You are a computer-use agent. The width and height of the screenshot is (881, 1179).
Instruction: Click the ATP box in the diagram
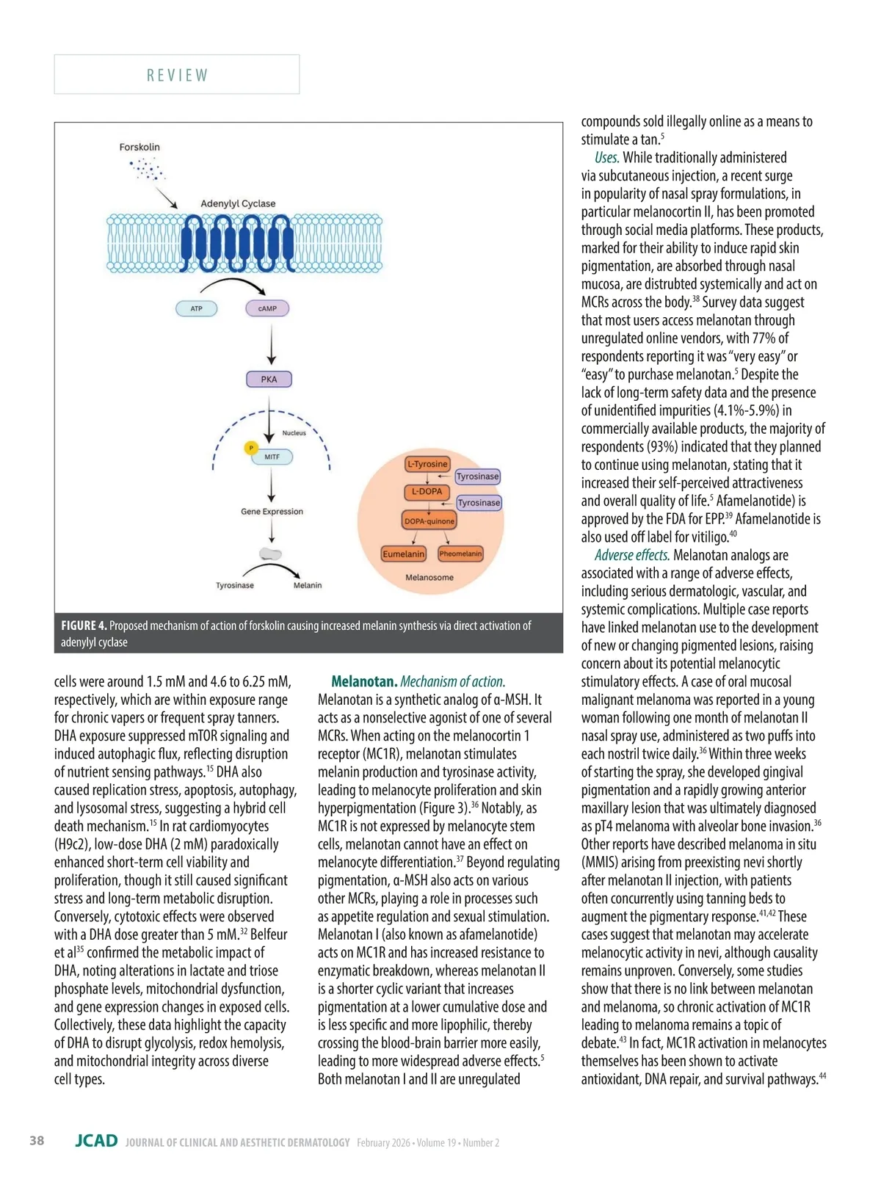click(x=196, y=308)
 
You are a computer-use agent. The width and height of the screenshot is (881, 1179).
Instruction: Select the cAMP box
click(x=267, y=308)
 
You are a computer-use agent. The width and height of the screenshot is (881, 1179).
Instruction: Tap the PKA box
click(x=269, y=380)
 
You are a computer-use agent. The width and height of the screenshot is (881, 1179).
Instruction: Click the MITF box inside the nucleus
click(x=272, y=457)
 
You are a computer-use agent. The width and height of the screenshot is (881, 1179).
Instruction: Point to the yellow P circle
click(x=251, y=448)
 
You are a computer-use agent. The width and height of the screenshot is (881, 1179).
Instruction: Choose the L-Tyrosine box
click(x=427, y=464)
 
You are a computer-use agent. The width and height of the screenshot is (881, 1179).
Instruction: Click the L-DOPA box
click(x=427, y=492)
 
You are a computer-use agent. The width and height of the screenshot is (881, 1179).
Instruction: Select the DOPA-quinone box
click(x=429, y=521)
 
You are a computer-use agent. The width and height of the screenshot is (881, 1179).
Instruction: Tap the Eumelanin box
click(x=403, y=554)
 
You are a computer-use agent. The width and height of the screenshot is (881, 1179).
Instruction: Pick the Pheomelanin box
click(x=460, y=554)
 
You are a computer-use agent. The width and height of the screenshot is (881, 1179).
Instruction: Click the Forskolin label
click(x=139, y=147)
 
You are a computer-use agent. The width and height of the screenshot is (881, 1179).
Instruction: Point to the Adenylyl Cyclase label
click(x=238, y=203)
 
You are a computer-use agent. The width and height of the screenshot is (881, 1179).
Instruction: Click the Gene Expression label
click(x=272, y=512)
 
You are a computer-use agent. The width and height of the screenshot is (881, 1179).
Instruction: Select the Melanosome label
click(x=429, y=578)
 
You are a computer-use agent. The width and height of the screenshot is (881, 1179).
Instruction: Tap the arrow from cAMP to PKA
click(x=272, y=344)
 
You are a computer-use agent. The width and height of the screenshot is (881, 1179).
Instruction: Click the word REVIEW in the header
click(x=177, y=75)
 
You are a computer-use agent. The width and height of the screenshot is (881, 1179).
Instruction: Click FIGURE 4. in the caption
click(x=84, y=625)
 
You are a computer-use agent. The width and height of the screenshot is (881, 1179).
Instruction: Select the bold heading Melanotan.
click(x=364, y=681)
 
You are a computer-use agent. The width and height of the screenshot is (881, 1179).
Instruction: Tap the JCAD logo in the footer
click(x=96, y=1140)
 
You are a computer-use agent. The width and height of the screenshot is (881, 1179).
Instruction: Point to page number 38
click(x=37, y=1140)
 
